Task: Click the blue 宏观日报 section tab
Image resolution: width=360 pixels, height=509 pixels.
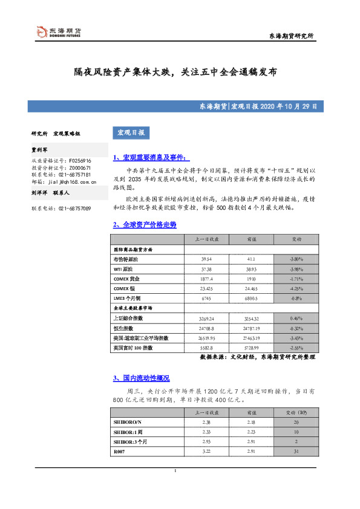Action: (131, 132)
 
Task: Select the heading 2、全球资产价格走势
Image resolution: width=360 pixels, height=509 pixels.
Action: (145, 224)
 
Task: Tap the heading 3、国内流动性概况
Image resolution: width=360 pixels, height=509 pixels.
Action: (141, 378)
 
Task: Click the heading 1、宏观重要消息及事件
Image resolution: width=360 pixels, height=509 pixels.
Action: (148, 158)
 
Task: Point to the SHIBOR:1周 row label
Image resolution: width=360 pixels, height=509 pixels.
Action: (126, 432)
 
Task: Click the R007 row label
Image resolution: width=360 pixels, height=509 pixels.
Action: (119, 452)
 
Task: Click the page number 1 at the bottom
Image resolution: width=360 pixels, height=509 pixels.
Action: (175, 471)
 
